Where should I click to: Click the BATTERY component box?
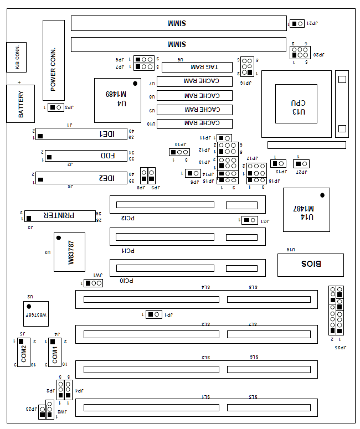click(x=20, y=104)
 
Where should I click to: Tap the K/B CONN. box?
click(x=16, y=57)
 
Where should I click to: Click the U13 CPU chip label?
click(x=296, y=104)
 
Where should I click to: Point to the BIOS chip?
click(x=310, y=265)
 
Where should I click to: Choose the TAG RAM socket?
click(x=197, y=67)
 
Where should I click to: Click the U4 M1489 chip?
click(x=117, y=100)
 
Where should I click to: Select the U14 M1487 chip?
click(x=306, y=210)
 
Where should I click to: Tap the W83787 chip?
click(x=69, y=252)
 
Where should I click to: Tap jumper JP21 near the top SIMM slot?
click(x=297, y=23)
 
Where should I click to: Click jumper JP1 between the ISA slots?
click(x=154, y=314)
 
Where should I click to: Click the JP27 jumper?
click(x=301, y=164)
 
